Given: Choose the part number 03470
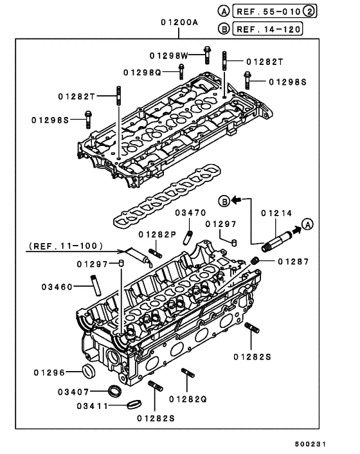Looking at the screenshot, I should point(190,212).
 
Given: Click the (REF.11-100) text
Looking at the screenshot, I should point(57,246).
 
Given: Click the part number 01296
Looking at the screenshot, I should point(50,372).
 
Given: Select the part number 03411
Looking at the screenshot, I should point(94,406).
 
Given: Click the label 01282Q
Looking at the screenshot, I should point(188,399).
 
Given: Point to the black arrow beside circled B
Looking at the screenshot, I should point(237,199).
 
